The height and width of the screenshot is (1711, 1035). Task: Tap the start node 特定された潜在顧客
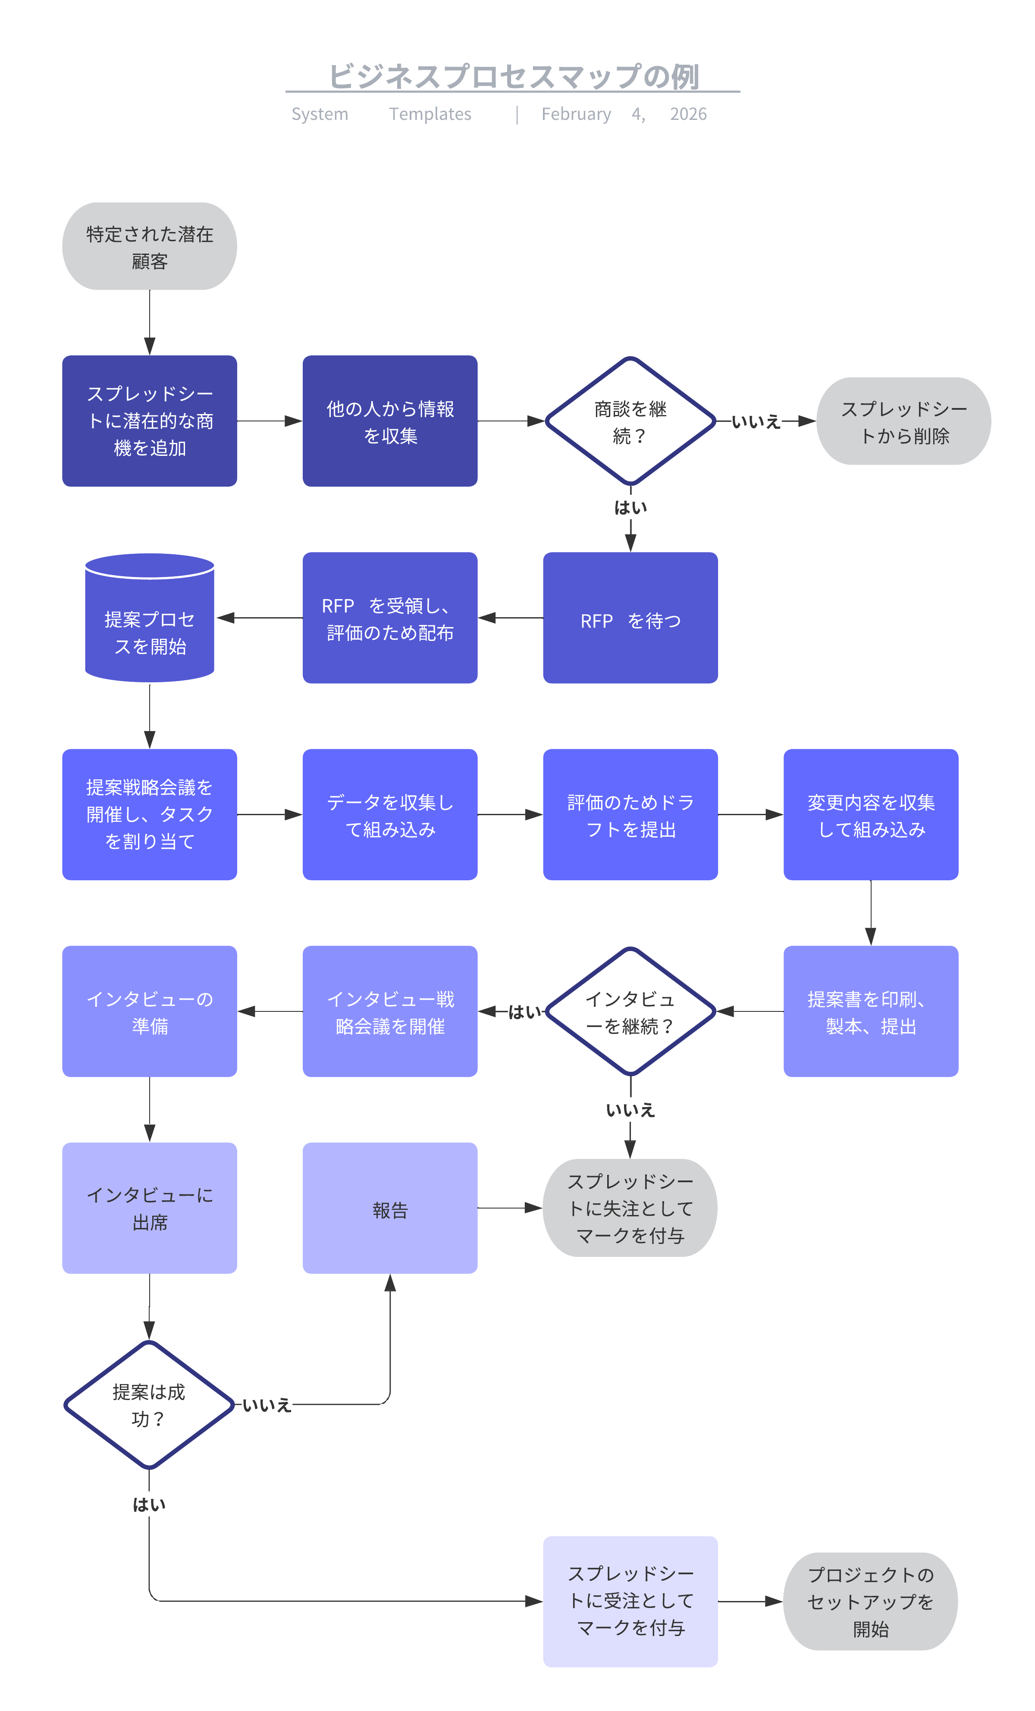coord(149,247)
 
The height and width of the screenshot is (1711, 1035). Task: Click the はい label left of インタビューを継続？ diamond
coord(524,1012)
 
